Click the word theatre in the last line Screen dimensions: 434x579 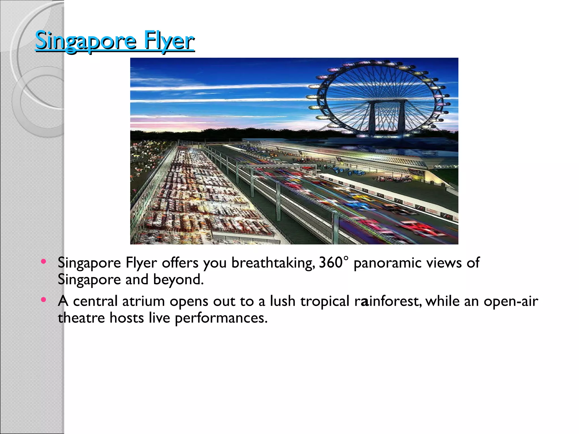point(81,318)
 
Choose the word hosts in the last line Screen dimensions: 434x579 point(127,318)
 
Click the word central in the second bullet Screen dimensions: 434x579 point(95,301)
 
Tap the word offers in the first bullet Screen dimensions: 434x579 point(180,262)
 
